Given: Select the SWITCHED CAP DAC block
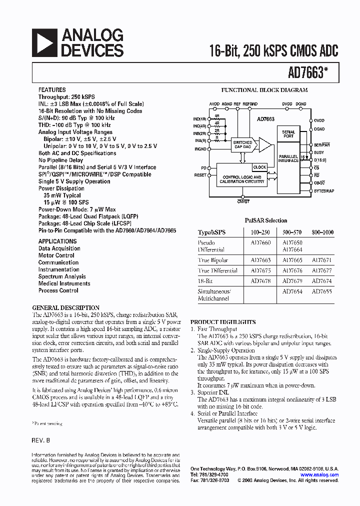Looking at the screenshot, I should (243, 144).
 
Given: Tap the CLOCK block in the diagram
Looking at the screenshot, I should (260, 167).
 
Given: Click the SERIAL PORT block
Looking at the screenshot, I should (288, 133).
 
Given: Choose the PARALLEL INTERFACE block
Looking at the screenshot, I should (288, 158).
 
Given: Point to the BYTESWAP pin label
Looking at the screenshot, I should (323, 191).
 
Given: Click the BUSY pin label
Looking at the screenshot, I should (319, 152).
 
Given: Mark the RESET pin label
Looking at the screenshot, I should (200, 175).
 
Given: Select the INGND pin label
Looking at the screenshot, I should (200, 149).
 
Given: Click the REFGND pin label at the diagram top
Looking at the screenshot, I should (250, 104).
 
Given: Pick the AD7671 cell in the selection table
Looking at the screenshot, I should (322, 260).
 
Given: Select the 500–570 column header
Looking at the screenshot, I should (292, 232).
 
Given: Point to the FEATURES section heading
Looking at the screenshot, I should (52, 90).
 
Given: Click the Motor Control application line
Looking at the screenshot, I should (56, 255).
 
